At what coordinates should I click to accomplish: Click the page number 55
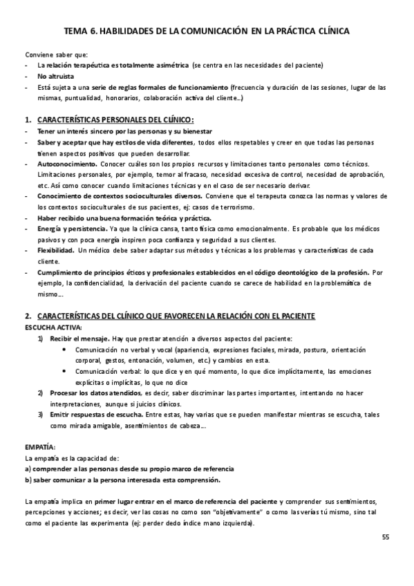pyautogui.click(x=385, y=536)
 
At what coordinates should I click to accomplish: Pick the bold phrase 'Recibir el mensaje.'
pyautogui.click(x=77, y=338)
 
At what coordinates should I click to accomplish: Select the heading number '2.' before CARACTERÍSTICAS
pyautogui.click(x=28, y=316)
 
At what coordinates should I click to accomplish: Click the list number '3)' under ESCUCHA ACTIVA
pyautogui.click(x=41, y=414)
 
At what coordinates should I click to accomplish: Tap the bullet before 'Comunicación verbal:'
pyautogui.click(x=64, y=370)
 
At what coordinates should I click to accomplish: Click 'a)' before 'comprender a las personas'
pyautogui.click(x=28, y=469)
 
